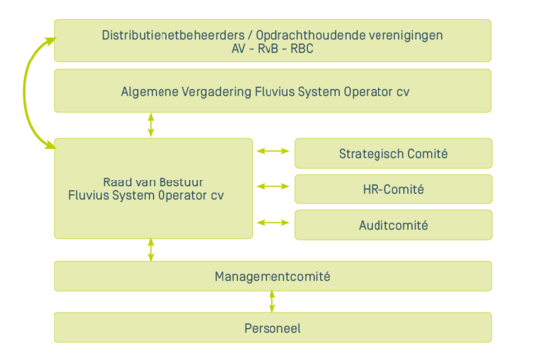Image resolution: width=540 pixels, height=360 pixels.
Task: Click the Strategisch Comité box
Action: (x=393, y=153)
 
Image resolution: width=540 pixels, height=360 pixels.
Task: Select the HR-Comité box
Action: (x=393, y=188)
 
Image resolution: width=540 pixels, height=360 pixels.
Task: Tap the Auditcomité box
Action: (x=393, y=225)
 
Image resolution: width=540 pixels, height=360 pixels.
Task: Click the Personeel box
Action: (x=272, y=327)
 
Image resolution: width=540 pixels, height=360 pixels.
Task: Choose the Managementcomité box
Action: (x=272, y=276)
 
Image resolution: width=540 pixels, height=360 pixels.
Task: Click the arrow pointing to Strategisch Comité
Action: (x=268, y=151)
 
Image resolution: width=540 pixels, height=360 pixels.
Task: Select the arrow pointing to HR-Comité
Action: (x=268, y=186)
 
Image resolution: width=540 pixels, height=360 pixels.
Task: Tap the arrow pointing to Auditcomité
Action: (x=268, y=223)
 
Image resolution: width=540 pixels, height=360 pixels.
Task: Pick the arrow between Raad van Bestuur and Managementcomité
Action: (x=151, y=249)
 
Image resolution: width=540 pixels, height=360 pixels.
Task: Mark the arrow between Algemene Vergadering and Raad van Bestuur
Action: (x=151, y=124)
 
